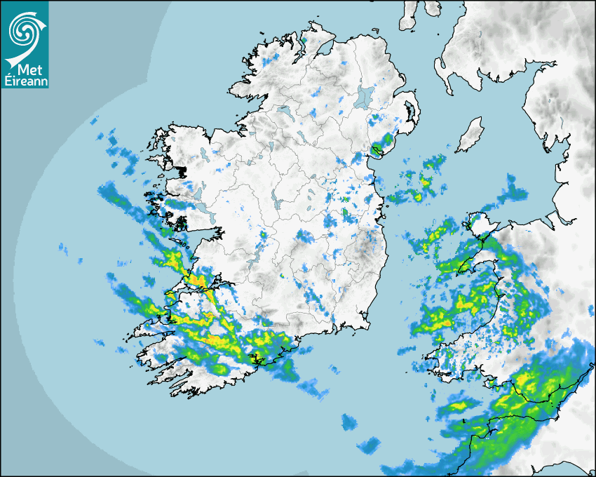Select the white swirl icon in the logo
coord(24,30)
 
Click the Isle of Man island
coord(470,135)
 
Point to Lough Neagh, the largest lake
coord(365,96)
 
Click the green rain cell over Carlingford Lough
coord(379,149)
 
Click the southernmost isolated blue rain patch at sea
coord(367,445)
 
